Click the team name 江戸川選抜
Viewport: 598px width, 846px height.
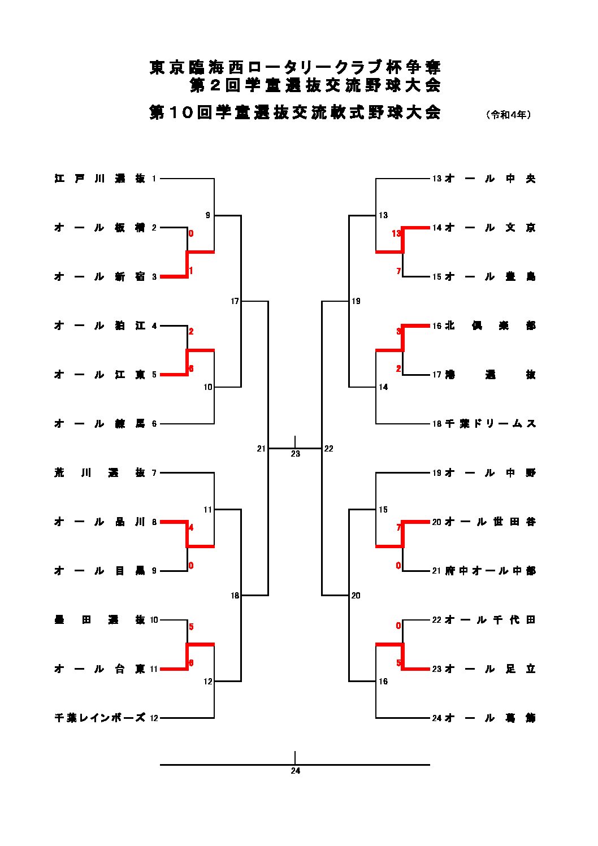click(99, 179)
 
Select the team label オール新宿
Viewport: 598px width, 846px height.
click(99, 277)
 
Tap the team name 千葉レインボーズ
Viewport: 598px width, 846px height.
click(99, 718)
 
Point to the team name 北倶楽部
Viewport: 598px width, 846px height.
click(490, 326)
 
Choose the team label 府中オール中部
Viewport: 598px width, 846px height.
click(490, 571)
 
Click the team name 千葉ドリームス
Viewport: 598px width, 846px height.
click(490, 424)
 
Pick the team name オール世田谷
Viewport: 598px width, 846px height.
click(490, 522)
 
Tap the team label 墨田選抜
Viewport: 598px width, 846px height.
click(99, 620)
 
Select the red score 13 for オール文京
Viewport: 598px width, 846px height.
click(396, 233)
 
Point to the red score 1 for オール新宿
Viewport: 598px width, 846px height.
click(191, 271)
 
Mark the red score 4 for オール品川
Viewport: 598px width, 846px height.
click(191, 528)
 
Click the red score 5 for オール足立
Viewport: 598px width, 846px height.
click(398, 663)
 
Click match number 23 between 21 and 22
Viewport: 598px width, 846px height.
click(295, 454)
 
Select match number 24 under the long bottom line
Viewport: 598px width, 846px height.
click(295, 771)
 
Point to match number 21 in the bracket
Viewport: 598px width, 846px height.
click(261, 449)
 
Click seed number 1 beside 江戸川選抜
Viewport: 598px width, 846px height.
click(154, 179)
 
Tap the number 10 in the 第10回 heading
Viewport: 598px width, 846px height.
click(182, 112)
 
